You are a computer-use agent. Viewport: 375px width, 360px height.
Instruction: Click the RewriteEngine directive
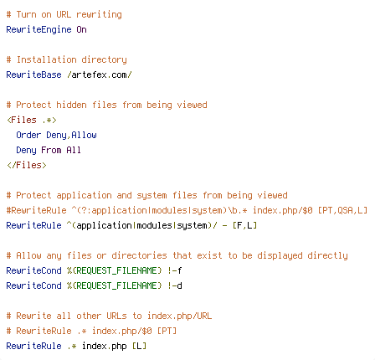tap(39, 29)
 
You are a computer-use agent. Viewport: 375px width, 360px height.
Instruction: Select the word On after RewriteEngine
tap(81, 29)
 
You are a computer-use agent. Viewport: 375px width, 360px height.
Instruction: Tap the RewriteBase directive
tap(33, 75)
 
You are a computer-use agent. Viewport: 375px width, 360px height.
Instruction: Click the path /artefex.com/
tap(100, 75)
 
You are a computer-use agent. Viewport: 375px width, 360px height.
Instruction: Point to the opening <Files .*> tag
tap(32, 120)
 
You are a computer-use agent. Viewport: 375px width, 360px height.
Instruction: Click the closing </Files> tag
tap(27, 165)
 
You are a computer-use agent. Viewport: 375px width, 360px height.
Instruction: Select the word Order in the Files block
tap(28, 135)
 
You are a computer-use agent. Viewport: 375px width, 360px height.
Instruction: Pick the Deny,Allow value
tap(71, 135)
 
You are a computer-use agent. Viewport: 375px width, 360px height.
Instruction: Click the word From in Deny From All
tap(51, 150)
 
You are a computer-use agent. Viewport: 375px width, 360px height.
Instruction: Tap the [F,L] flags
tap(244, 225)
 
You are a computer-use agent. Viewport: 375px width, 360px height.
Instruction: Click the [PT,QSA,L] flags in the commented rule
tap(342, 210)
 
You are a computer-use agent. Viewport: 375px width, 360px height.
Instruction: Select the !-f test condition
tap(175, 270)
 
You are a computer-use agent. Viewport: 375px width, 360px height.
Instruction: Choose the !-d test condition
tap(175, 285)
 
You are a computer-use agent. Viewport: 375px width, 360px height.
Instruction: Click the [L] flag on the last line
tap(139, 346)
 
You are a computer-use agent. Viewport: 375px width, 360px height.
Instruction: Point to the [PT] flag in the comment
tap(167, 331)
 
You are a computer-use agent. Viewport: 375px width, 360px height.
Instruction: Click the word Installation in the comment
tap(46, 59)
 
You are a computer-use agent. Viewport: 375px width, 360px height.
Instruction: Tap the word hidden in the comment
tap(71, 105)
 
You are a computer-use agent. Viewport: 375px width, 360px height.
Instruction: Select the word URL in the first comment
tap(64, 14)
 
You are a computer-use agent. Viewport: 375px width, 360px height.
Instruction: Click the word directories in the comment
tap(139, 255)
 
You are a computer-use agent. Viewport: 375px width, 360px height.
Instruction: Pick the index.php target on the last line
tap(105, 346)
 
